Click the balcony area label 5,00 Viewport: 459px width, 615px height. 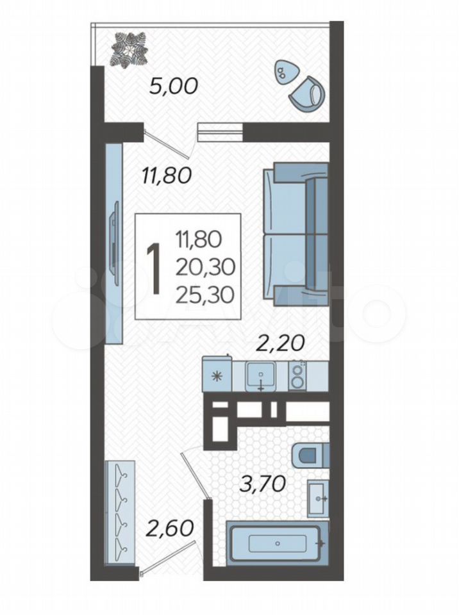click(x=174, y=86)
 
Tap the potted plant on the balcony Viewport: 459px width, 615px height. click(x=129, y=49)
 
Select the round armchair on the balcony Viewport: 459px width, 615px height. click(x=308, y=95)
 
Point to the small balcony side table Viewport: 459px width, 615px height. click(x=285, y=72)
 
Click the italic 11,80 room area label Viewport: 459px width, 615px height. click(x=167, y=176)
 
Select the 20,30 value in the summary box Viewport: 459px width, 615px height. click(x=205, y=267)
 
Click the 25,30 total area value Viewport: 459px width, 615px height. click(x=205, y=295)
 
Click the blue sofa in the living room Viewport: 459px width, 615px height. click(x=296, y=234)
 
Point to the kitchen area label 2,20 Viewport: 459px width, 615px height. click(x=280, y=343)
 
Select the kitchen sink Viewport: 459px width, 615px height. click(x=260, y=376)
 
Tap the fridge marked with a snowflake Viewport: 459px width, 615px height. click(x=217, y=375)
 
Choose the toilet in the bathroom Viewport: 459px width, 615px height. click(x=311, y=455)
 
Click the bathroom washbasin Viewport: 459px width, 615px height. click(x=318, y=498)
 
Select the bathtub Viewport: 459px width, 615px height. click(x=277, y=543)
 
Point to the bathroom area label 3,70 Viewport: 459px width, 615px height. click(x=262, y=485)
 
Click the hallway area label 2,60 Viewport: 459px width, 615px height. click(x=170, y=528)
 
